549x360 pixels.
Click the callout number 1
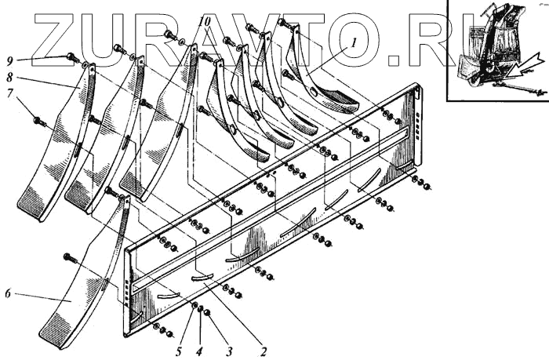tap(354, 45)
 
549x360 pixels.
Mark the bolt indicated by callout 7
tap(38, 121)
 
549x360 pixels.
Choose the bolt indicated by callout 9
tap(73, 57)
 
